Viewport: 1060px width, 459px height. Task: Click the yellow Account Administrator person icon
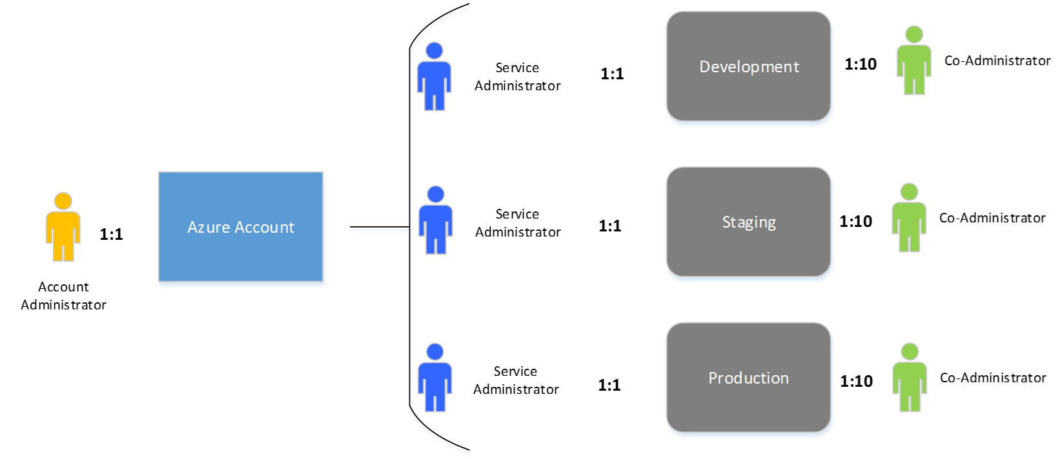point(63,227)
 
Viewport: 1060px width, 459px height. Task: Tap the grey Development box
point(748,67)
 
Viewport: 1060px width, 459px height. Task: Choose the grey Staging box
point(748,222)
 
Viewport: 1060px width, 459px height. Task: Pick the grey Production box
point(748,378)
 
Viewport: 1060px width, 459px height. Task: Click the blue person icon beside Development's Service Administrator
point(434,77)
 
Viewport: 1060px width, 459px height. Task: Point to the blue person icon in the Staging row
point(436,220)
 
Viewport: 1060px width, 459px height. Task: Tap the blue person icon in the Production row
point(434,378)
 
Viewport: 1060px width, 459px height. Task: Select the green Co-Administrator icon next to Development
point(914,61)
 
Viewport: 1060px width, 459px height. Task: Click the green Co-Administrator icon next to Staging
point(909,218)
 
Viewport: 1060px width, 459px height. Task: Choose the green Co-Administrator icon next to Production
point(910,378)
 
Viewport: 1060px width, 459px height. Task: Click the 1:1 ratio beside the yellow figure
point(111,234)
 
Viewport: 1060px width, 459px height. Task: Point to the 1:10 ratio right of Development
point(861,64)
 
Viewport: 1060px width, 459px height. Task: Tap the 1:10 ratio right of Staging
point(856,221)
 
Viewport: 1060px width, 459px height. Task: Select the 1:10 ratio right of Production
point(857,381)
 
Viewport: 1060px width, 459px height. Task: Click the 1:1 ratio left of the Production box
point(609,385)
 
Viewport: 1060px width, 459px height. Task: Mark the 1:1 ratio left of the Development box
point(612,73)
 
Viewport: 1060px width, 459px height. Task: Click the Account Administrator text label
point(63,296)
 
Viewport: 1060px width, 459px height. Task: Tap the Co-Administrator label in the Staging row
point(992,218)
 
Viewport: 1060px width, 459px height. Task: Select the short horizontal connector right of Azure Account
point(378,230)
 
